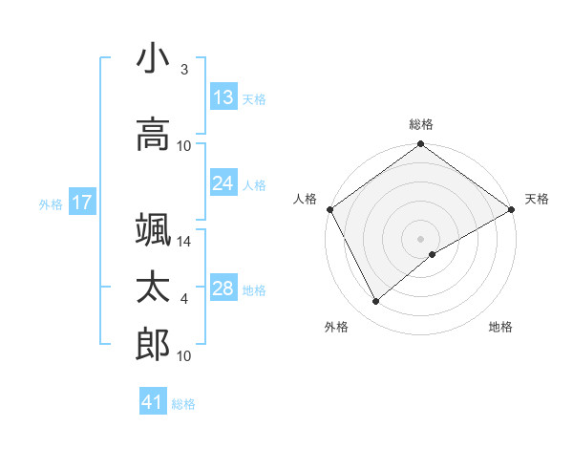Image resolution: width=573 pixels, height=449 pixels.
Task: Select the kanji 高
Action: point(153,134)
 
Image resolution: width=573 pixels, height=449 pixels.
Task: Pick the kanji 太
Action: point(153,288)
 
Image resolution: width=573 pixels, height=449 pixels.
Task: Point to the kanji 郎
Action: point(153,345)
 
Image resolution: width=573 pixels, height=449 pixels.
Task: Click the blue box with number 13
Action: point(223,97)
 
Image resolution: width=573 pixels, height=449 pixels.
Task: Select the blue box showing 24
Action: point(223,183)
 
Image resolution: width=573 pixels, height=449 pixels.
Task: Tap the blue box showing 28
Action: point(223,289)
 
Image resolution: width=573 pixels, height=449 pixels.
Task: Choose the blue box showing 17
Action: point(81,203)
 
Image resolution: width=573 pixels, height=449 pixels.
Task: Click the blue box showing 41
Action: point(153,402)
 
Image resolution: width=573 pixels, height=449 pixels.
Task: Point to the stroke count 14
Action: point(184,243)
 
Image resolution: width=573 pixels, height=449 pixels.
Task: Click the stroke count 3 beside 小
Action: point(184,70)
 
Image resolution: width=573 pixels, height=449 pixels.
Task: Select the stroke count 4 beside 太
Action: point(184,300)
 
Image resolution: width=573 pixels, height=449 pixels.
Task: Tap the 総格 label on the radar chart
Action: point(421,124)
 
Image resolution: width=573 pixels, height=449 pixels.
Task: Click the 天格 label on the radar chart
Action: point(537,199)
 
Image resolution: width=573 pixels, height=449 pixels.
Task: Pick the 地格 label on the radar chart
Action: point(500,327)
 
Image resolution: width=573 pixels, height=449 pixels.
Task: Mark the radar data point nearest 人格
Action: point(329,209)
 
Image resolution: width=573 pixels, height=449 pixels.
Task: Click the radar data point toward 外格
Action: point(376,302)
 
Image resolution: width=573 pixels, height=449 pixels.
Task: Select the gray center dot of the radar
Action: point(421,238)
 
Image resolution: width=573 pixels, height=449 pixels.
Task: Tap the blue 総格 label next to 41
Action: point(183,404)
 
